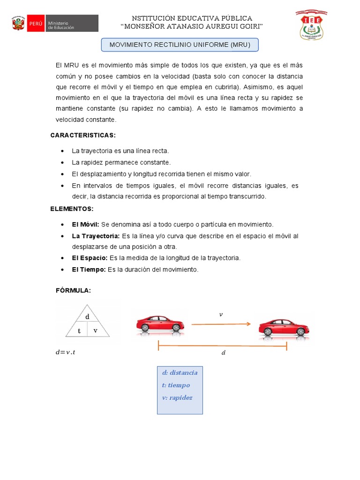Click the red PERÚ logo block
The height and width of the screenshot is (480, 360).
pos(36,23)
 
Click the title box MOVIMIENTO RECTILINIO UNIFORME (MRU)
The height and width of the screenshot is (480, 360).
pos(180,45)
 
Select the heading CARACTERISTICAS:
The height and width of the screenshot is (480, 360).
pos(83,135)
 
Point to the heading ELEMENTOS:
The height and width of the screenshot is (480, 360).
pos(72,209)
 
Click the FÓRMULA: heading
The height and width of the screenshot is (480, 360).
pos(73,291)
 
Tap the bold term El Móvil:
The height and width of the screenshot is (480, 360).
pos(85,225)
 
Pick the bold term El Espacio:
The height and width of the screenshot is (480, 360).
pos(90,258)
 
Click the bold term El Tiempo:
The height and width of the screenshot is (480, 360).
pos(89,270)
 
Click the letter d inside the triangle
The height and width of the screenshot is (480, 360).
pos(87,317)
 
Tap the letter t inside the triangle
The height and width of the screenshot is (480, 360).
pos(79,330)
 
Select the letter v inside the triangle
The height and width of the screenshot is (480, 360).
pos(95,330)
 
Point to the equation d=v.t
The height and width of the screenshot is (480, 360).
pos(65,352)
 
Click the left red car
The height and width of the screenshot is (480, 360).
pos(160,324)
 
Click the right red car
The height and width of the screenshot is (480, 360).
pos(284,327)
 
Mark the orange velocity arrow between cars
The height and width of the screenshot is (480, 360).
pos(220,323)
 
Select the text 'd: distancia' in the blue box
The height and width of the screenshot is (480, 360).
pos(180,373)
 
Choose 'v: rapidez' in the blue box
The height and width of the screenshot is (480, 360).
pos(177,397)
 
